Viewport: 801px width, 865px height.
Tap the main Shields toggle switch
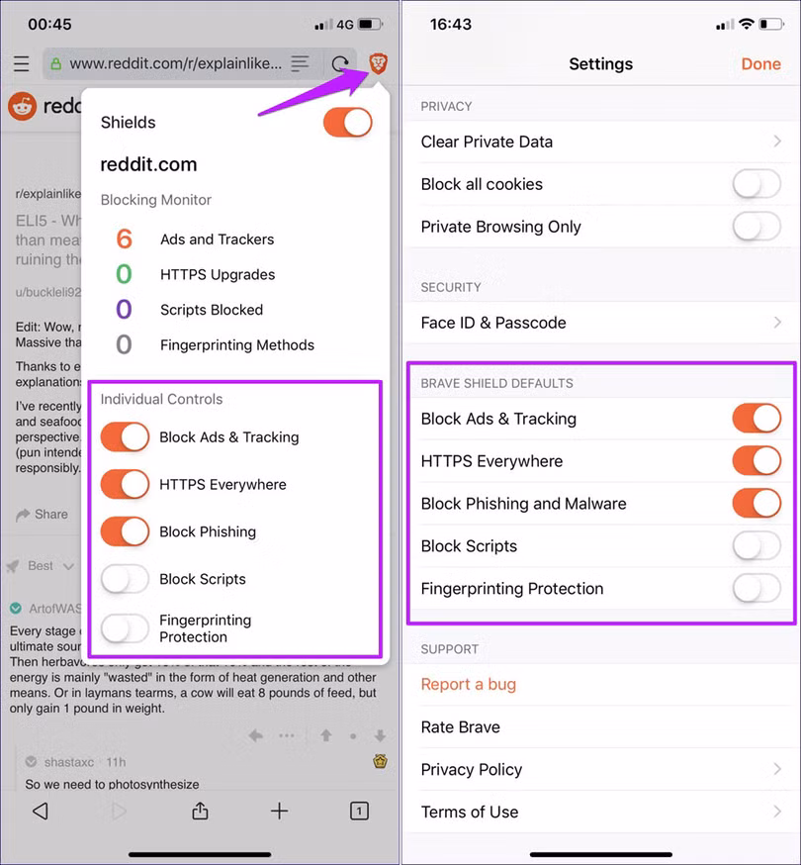pos(347,123)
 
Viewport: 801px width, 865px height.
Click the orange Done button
pos(760,63)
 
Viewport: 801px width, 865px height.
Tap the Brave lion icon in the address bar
pos(378,63)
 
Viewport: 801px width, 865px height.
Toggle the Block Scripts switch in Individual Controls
pos(125,579)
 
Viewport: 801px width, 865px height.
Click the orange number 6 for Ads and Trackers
pos(124,239)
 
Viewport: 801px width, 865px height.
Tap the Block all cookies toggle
pos(756,184)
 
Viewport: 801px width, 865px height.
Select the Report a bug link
pos(468,684)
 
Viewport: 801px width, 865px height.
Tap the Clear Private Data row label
pos(487,142)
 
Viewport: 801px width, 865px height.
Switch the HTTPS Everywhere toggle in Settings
pos(756,461)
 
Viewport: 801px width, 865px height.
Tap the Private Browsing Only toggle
pos(756,227)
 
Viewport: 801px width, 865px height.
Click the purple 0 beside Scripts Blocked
pos(124,310)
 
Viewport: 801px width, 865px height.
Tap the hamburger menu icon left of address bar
pos(21,64)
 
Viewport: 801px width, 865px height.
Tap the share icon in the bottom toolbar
pos(200,811)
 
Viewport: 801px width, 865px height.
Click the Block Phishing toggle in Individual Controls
pos(125,531)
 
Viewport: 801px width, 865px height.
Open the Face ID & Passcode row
pos(493,323)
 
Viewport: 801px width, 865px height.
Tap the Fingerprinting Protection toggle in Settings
pos(756,589)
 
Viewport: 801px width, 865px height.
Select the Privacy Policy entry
pos(471,769)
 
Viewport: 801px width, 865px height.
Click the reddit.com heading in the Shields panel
pos(148,164)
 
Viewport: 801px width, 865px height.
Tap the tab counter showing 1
pos(359,811)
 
